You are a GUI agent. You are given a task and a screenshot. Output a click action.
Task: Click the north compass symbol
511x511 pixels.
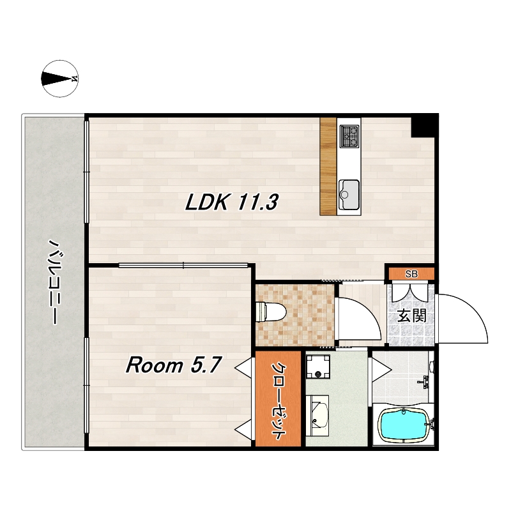60,79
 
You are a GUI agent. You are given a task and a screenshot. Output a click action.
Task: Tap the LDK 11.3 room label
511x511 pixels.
231,202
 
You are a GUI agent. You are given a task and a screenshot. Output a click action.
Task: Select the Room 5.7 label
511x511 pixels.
174,365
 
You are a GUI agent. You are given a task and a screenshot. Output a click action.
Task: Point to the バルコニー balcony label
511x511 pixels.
54,282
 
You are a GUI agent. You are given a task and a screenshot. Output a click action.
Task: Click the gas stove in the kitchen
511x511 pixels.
349,136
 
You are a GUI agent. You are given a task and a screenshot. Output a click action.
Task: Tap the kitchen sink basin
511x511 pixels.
349,195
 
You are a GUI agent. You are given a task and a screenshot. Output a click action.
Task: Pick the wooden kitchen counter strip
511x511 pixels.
328,166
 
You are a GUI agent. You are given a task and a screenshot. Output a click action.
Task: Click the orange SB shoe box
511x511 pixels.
411,274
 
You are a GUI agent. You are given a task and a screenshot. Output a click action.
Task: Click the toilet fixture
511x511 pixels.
271,312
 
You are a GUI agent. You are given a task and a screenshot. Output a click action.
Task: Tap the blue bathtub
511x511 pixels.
403,425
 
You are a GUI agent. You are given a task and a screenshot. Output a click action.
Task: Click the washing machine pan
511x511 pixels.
318,367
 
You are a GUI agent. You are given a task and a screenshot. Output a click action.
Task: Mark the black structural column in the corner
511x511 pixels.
423,127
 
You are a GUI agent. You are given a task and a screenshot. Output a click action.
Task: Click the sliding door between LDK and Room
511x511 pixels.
183,265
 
